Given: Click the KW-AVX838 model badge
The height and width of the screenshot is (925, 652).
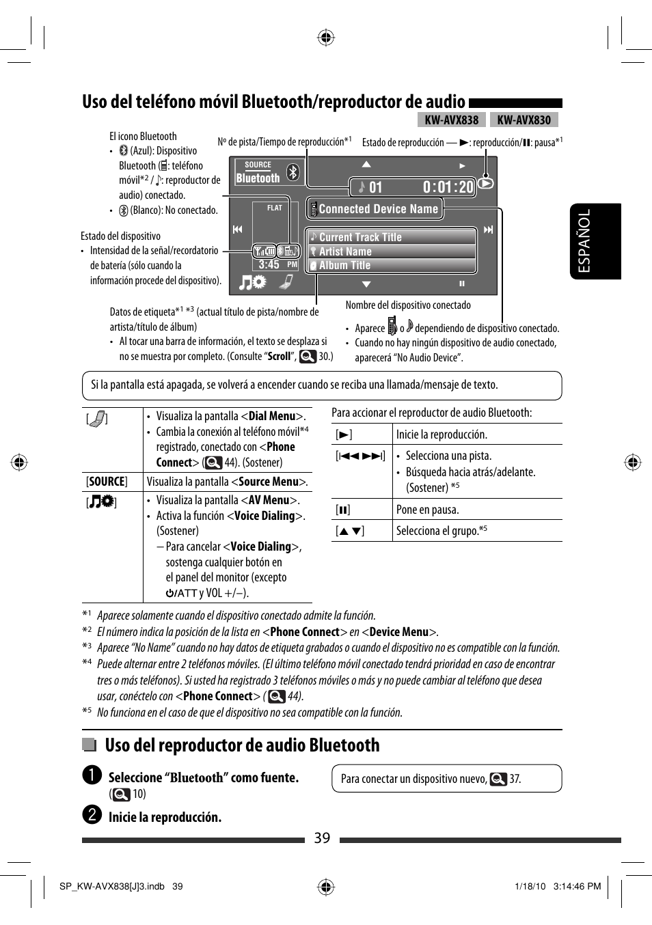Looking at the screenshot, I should click(451, 120).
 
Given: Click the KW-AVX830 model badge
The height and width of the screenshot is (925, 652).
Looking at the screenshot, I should click(524, 120).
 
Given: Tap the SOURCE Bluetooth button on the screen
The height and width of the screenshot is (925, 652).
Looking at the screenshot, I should click(258, 172).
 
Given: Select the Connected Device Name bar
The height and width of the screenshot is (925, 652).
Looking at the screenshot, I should click(375, 209).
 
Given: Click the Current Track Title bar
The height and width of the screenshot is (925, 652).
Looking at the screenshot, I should click(392, 237).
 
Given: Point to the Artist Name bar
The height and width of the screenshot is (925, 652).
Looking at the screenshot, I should click(392, 251).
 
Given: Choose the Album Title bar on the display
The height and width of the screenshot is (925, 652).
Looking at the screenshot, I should click(392, 265).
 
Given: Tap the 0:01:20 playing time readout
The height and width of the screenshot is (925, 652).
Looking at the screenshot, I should click(448, 187).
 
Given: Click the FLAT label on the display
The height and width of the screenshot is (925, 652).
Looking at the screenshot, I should click(275, 208).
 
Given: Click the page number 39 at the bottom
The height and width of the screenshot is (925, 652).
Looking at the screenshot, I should click(322, 838).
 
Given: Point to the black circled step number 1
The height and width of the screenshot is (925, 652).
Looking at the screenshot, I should click(92, 775).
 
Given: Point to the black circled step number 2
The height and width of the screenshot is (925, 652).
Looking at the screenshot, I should click(92, 815).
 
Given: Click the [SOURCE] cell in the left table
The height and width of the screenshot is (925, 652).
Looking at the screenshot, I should click(107, 482).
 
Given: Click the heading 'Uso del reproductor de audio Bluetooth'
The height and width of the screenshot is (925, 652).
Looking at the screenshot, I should click(242, 745).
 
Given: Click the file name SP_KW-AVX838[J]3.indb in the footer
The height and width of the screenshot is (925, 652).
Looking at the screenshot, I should click(112, 887).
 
